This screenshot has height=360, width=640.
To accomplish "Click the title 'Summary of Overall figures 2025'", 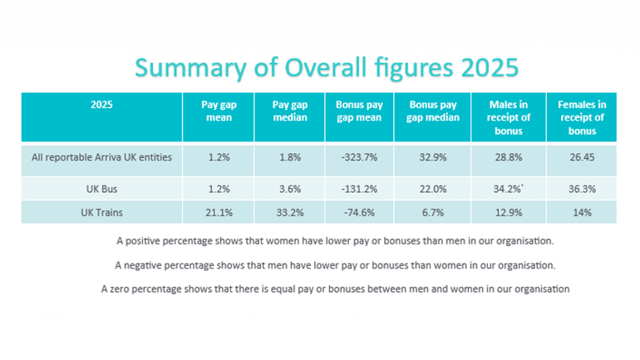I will tap(320, 67).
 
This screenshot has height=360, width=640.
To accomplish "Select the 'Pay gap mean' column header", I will tap(216, 111).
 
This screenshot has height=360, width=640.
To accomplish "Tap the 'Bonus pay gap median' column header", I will tap(433, 111).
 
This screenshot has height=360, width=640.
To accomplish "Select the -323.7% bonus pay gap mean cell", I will tap(359, 159).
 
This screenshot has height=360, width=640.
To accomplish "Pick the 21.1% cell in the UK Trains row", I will tap(216, 213).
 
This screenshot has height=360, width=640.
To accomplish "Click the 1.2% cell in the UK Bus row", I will tap(216, 190).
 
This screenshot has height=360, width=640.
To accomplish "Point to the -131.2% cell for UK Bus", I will tap(359, 190).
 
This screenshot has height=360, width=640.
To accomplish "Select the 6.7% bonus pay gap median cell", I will tap(433, 213).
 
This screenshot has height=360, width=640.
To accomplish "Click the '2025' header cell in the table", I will tap(102, 106).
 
